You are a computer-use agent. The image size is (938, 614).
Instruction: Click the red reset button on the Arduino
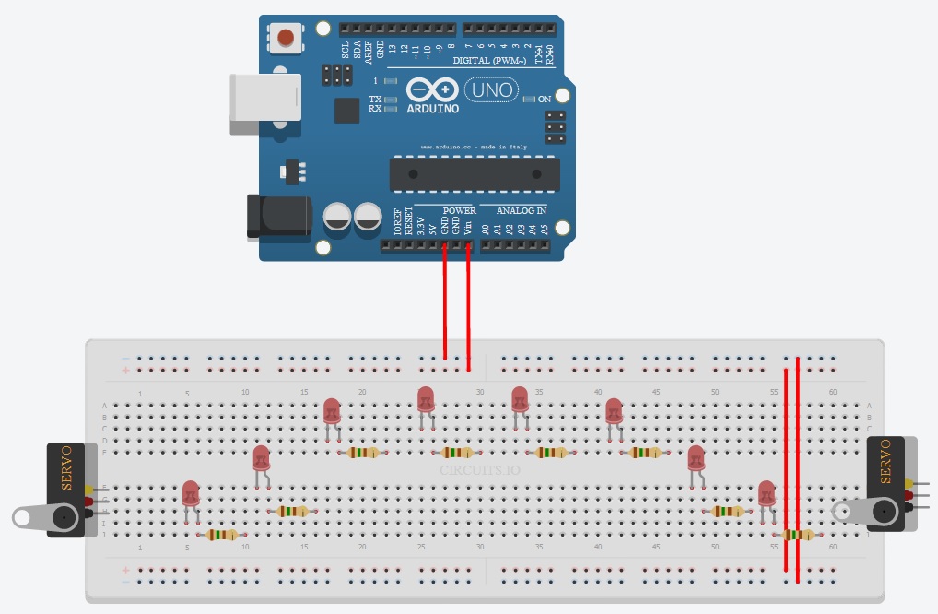[287, 38]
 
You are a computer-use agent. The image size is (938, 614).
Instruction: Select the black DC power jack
[277, 217]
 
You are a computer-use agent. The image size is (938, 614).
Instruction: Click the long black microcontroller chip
[474, 173]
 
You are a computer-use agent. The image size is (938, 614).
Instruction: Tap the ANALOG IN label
[513, 210]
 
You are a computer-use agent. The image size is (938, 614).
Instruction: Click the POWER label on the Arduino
[459, 210]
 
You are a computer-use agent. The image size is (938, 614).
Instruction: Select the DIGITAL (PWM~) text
[489, 61]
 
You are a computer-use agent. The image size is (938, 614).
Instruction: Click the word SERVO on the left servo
[66, 477]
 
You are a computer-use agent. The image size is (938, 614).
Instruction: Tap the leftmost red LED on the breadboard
[191, 493]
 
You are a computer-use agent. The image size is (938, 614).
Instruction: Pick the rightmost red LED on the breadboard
[767, 493]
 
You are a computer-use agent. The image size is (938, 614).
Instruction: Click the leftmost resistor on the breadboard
[222, 535]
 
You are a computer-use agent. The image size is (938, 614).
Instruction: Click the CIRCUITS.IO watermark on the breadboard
[478, 470]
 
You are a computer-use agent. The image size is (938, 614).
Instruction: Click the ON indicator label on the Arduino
[544, 99]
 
